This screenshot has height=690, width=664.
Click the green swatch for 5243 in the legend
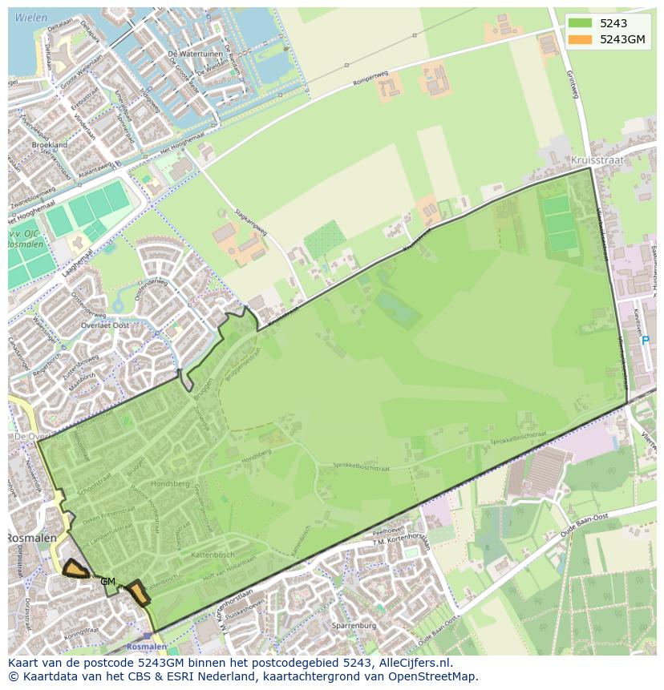pos(581,23)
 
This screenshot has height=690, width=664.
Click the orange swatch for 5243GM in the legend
pos(581,39)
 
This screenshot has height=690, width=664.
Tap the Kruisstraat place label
pos(597,160)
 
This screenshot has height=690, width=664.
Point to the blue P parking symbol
pos(646,341)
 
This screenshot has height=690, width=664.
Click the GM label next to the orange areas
pos(107,582)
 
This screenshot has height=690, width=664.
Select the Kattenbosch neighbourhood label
pos(213,555)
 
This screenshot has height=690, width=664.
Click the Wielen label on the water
pos(30,17)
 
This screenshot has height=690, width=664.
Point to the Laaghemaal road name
pos(75,263)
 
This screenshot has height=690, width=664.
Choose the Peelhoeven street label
pos(388,531)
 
